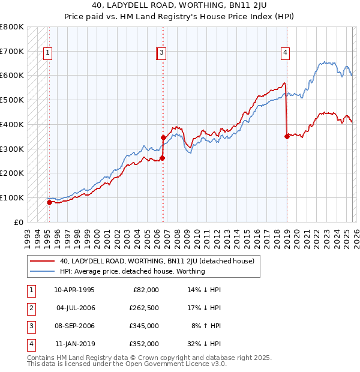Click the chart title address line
[179, 7]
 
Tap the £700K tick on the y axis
[12, 52]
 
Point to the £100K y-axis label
[12, 197]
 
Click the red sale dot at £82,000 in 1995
[49, 202]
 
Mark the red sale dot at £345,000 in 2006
[163, 138]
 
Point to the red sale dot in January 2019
[287, 136]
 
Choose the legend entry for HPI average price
[132, 271]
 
